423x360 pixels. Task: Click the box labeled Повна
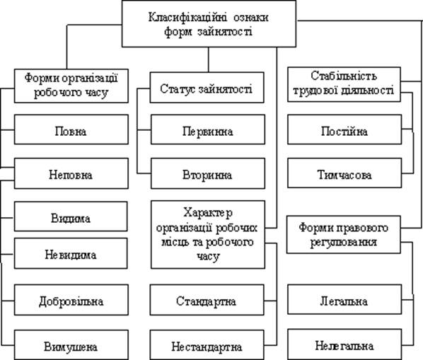pyautogui.click(x=71, y=129)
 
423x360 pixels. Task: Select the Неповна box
pyautogui.click(x=71, y=173)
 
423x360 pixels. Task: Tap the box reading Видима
pyautogui.click(x=71, y=216)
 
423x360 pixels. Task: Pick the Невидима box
pyautogui.click(x=71, y=253)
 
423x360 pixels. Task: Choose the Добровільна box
pyautogui.click(x=71, y=300)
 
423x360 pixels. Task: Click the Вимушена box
pyautogui.click(x=71, y=345)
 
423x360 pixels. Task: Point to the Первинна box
pyautogui.click(x=208, y=129)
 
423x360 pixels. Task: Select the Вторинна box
pyautogui.click(x=208, y=173)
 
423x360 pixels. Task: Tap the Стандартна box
pyautogui.click(x=207, y=300)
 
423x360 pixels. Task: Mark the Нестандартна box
pyautogui.click(x=207, y=345)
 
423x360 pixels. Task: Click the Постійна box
pyautogui.click(x=344, y=129)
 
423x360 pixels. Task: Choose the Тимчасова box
pyautogui.click(x=344, y=173)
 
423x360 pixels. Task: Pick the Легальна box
pyautogui.click(x=344, y=299)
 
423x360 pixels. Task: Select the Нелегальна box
pyautogui.click(x=344, y=344)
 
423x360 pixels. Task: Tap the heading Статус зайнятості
pyautogui.click(x=207, y=89)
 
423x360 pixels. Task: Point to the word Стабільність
pyautogui.click(x=344, y=76)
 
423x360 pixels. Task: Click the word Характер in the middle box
pyautogui.click(x=208, y=213)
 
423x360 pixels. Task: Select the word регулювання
pyautogui.click(x=343, y=242)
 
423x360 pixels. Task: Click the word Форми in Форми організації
pyautogui.click(x=42, y=79)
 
